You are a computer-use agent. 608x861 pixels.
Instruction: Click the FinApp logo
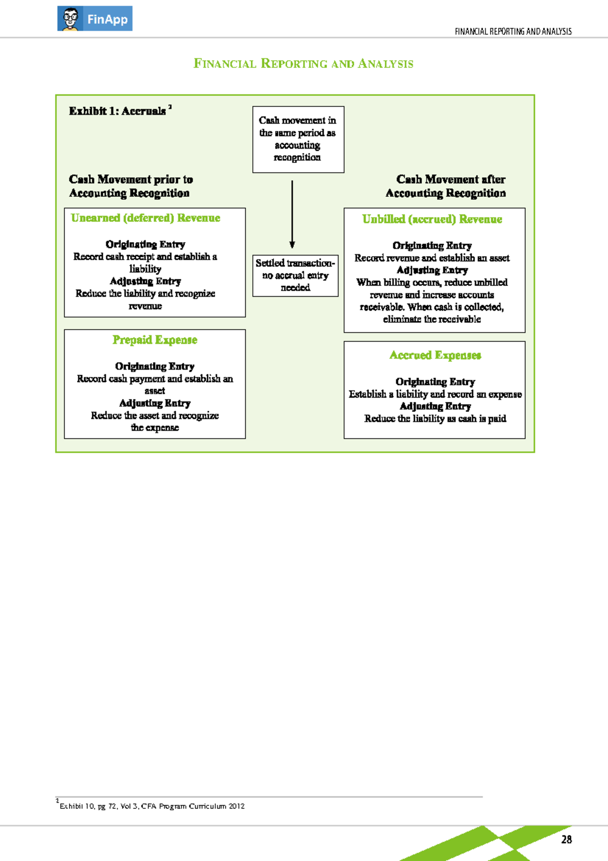(x=95, y=19)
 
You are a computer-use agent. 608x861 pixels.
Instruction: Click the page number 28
(x=566, y=839)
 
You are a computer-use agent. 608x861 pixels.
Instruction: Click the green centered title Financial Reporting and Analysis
(x=303, y=64)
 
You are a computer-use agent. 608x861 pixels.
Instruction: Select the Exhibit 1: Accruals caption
(x=118, y=111)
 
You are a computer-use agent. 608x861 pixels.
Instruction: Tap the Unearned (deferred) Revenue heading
(x=145, y=218)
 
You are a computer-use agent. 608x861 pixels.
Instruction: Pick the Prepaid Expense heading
(x=155, y=340)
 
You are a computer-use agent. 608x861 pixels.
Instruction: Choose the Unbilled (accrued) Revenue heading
(x=432, y=219)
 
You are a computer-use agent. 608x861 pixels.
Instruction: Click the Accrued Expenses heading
(x=435, y=355)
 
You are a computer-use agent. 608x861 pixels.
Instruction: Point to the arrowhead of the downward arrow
(x=292, y=244)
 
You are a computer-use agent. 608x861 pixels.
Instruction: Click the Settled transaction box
(x=295, y=275)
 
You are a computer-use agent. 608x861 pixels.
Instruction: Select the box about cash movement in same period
(x=298, y=139)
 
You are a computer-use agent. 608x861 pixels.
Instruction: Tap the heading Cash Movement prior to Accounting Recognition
(x=130, y=186)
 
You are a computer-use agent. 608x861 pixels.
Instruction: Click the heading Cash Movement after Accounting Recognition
(x=446, y=186)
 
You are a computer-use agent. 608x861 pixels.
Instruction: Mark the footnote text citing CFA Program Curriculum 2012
(x=152, y=806)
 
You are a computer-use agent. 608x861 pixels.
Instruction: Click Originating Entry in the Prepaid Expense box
(x=155, y=366)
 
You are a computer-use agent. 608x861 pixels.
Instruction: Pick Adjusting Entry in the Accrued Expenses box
(x=435, y=406)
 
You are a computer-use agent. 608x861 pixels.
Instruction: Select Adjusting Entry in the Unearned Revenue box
(x=145, y=281)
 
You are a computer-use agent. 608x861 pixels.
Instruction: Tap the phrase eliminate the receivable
(x=432, y=319)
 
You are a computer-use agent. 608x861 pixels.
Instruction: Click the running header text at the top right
(x=513, y=31)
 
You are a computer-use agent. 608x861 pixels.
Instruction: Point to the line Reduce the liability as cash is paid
(x=435, y=418)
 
